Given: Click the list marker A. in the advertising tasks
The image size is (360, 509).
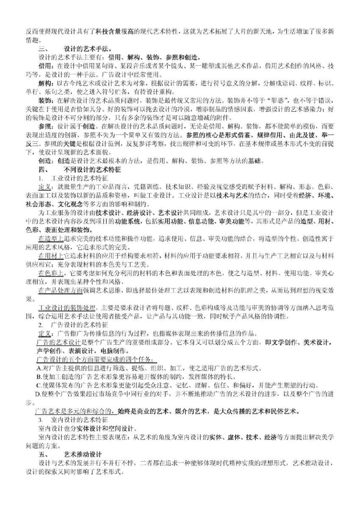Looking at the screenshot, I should (39, 368).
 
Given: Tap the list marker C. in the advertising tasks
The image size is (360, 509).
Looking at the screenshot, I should (39, 385).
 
